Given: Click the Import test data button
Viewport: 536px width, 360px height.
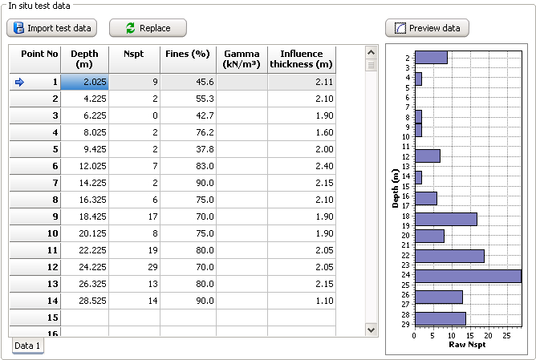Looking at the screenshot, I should pos(51,28).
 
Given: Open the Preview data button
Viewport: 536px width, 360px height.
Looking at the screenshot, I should pos(427,28).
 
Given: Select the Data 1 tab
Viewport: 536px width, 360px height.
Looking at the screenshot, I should pos(28,346).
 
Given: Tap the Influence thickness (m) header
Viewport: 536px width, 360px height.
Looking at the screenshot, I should pos(302,59).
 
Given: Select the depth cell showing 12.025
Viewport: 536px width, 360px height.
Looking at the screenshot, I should pos(84,166).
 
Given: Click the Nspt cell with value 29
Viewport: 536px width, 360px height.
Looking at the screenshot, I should pos(135,267).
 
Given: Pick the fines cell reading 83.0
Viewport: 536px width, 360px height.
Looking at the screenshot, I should pos(188,166).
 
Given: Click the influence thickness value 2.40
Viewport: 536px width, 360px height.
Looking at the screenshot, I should pos(302,166).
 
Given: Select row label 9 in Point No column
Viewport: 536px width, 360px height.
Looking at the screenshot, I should pos(35,216).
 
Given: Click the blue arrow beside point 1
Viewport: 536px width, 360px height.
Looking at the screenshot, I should pos(20,82).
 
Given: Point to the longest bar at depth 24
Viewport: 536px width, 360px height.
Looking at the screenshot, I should pos(467,276).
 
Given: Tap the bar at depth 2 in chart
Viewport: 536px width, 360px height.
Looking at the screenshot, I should pos(431,58).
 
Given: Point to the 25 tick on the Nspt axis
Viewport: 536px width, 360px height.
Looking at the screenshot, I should pos(506,336).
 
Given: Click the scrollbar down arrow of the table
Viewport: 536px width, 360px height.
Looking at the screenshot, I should pos(371,329).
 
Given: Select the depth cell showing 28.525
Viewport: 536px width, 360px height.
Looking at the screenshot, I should pos(84,301).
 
